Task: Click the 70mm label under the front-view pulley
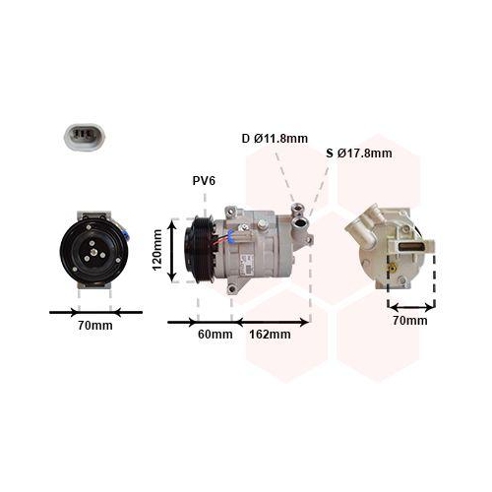point(95,325)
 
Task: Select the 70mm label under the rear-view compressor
point(410,320)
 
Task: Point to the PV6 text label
point(204,181)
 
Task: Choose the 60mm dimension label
point(215,335)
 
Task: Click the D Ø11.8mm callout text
point(276,139)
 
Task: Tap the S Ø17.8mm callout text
point(358,153)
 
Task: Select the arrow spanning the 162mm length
point(272,321)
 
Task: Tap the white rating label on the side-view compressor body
point(250,258)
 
